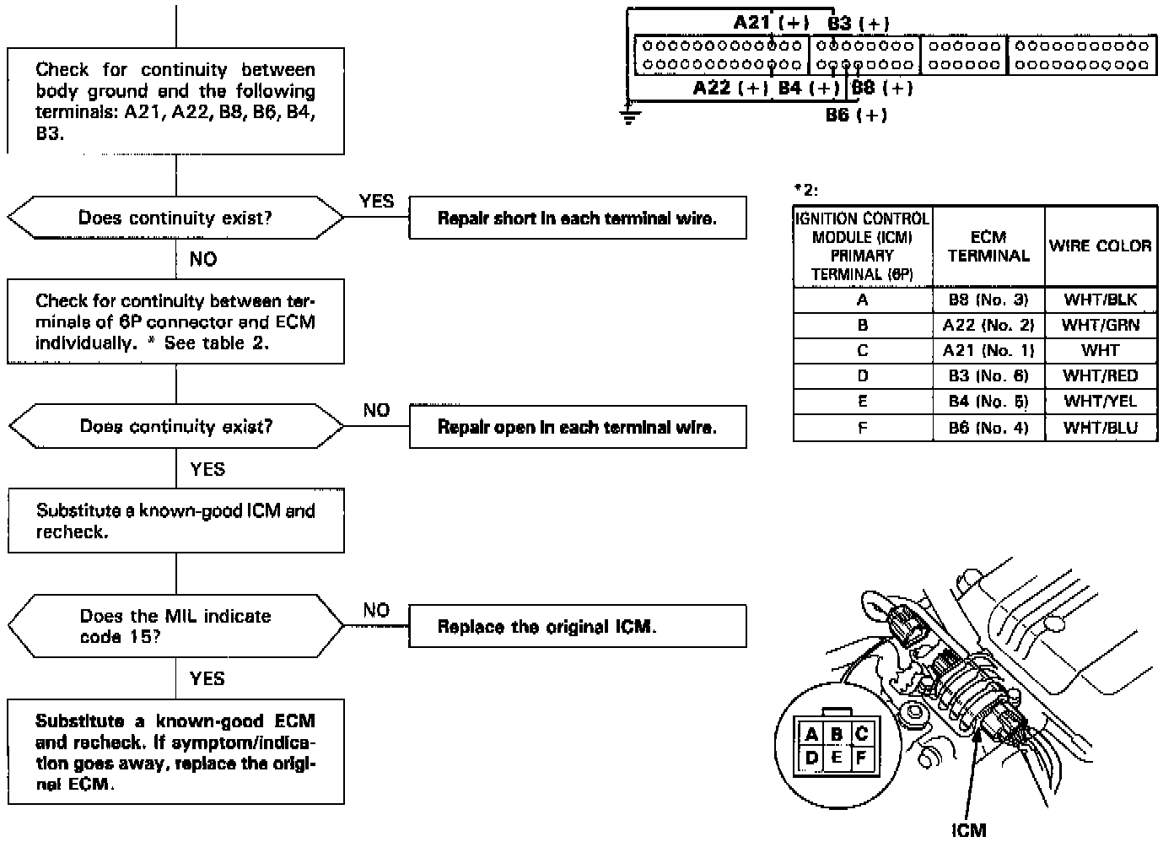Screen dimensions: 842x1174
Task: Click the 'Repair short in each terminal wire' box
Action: coord(577,219)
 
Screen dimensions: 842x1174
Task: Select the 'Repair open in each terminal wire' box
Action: coord(577,427)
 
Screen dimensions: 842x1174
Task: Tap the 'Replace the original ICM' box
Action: coord(577,627)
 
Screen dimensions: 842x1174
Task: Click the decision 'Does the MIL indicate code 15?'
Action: coord(175,626)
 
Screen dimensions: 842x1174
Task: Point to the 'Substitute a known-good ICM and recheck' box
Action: coord(175,521)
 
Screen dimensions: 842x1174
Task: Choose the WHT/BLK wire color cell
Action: coord(1100,300)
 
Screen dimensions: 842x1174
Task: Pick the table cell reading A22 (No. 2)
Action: coord(988,325)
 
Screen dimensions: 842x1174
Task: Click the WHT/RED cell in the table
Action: coord(1100,376)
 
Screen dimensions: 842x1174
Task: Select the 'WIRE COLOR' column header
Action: coord(1100,246)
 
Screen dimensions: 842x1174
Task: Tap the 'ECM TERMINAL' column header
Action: coord(988,246)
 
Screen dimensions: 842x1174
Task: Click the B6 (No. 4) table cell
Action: coord(988,428)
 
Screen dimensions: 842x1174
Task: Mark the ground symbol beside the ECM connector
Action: coord(628,115)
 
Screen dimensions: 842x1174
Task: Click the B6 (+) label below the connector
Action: coord(856,115)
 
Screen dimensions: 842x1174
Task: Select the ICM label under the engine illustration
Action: coord(968,830)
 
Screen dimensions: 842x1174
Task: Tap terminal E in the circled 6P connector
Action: coord(836,757)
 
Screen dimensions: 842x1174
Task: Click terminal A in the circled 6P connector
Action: coord(811,734)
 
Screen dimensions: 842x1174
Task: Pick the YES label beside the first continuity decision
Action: coord(376,201)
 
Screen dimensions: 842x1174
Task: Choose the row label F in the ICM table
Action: coord(862,428)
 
